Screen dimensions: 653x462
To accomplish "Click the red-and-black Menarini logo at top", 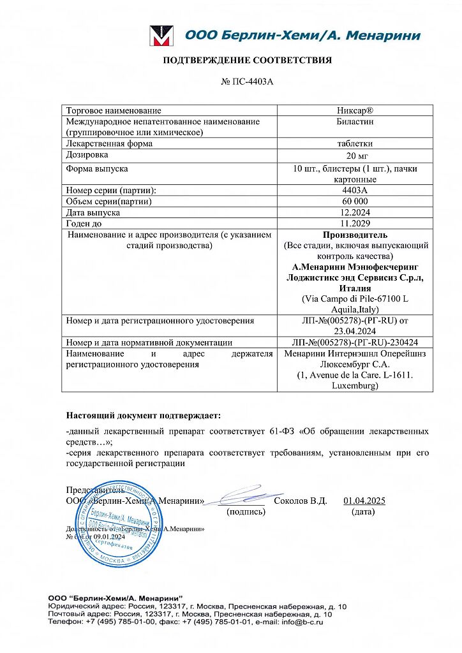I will click(x=161, y=36).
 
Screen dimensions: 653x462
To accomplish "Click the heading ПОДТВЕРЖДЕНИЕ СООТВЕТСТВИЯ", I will click(x=248, y=61).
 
